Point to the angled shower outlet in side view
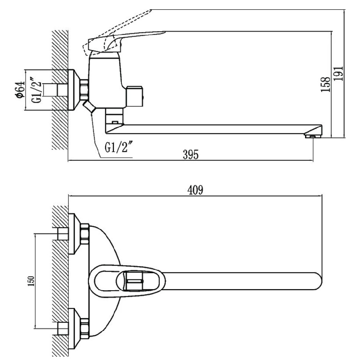pyautogui.click(x=90, y=107)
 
